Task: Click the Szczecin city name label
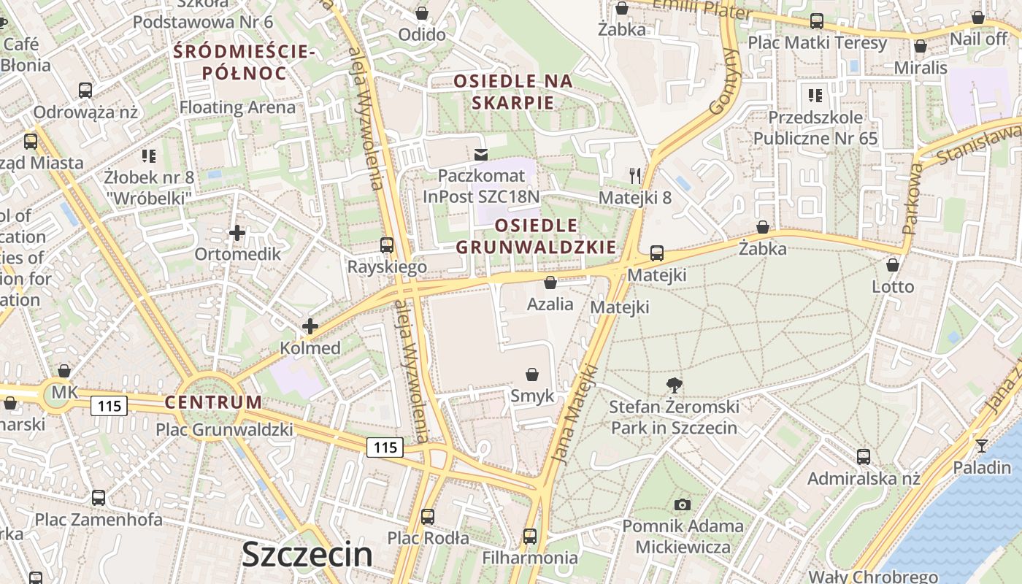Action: pyautogui.click(x=307, y=555)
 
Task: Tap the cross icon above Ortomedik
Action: pyautogui.click(x=237, y=234)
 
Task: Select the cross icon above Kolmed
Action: pyautogui.click(x=310, y=326)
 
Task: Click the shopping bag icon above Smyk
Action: pyautogui.click(x=532, y=374)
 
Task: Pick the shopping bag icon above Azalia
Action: pyautogui.click(x=550, y=283)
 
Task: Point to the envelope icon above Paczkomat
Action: pyautogui.click(x=480, y=155)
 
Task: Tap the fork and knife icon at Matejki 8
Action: pyautogui.click(x=635, y=175)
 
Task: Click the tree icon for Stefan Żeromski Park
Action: pyautogui.click(x=675, y=385)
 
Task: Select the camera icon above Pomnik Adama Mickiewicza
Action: pyautogui.click(x=683, y=504)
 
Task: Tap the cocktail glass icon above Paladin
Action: pyautogui.click(x=982, y=445)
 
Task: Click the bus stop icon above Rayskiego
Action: pyautogui.click(x=387, y=245)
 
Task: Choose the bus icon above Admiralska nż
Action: pyautogui.click(x=864, y=457)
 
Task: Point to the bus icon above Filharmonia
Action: pyautogui.click(x=530, y=537)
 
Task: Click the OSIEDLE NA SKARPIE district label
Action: pyautogui.click(x=512, y=91)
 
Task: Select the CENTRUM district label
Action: pyautogui.click(x=213, y=402)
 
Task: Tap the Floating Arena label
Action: pyautogui.click(x=238, y=107)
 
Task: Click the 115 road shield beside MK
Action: pyautogui.click(x=109, y=405)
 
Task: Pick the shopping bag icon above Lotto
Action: pyautogui.click(x=892, y=265)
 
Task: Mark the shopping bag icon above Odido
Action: pyautogui.click(x=422, y=13)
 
